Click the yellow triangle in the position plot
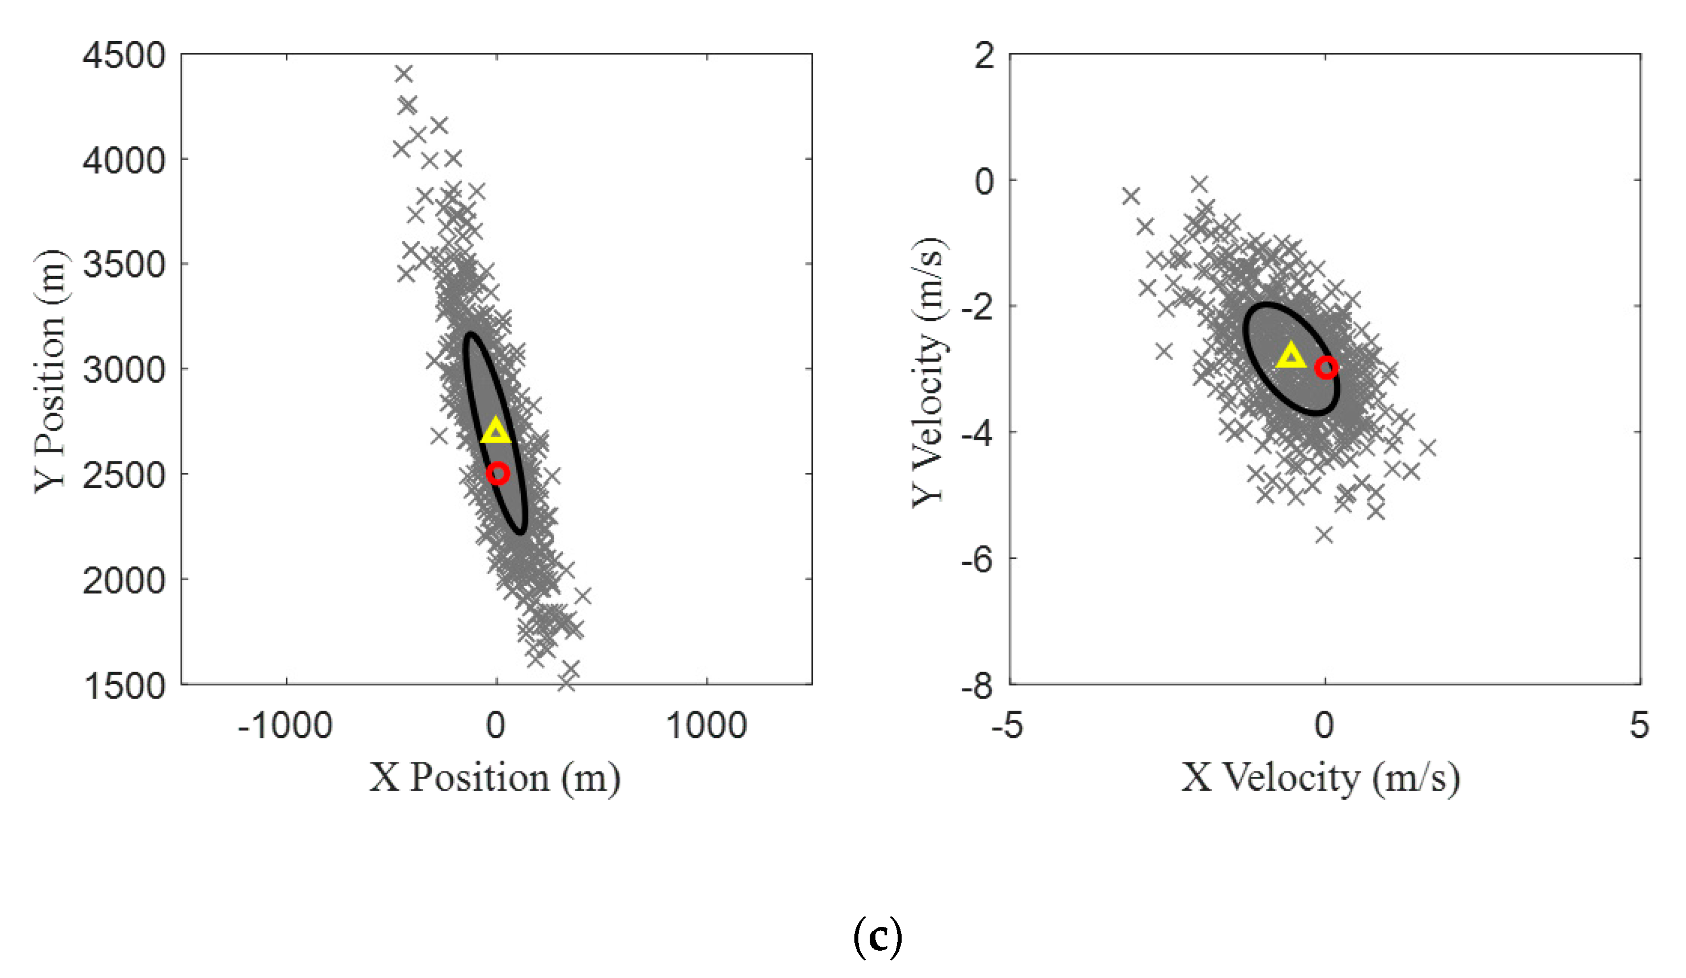[496, 431]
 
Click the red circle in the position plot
[497, 473]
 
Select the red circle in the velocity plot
[1326, 368]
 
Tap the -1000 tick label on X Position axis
[285, 726]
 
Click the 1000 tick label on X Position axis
[706, 726]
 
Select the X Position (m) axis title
[495, 778]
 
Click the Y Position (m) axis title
[51, 372]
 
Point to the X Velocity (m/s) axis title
[1320, 778]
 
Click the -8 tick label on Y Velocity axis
[977, 686]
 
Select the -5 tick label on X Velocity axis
[1007, 726]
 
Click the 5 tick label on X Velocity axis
[1639, 726]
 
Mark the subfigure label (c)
[878, 937]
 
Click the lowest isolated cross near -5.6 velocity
[1324, 534]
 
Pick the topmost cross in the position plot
[404, 73]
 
